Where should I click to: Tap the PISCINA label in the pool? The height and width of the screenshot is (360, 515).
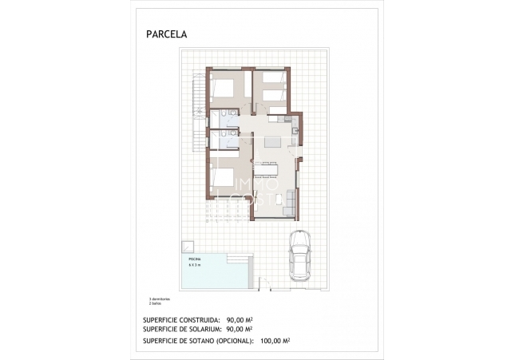point(194,259)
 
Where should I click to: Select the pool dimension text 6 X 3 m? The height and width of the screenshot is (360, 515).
point(195,264)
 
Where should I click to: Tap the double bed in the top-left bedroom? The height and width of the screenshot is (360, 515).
point(226,89)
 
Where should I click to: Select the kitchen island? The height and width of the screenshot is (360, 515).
point(271,143)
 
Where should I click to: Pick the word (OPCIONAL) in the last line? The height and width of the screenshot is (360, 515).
point(232,340)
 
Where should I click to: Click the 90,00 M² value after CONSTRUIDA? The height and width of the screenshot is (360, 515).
point(240,318)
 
